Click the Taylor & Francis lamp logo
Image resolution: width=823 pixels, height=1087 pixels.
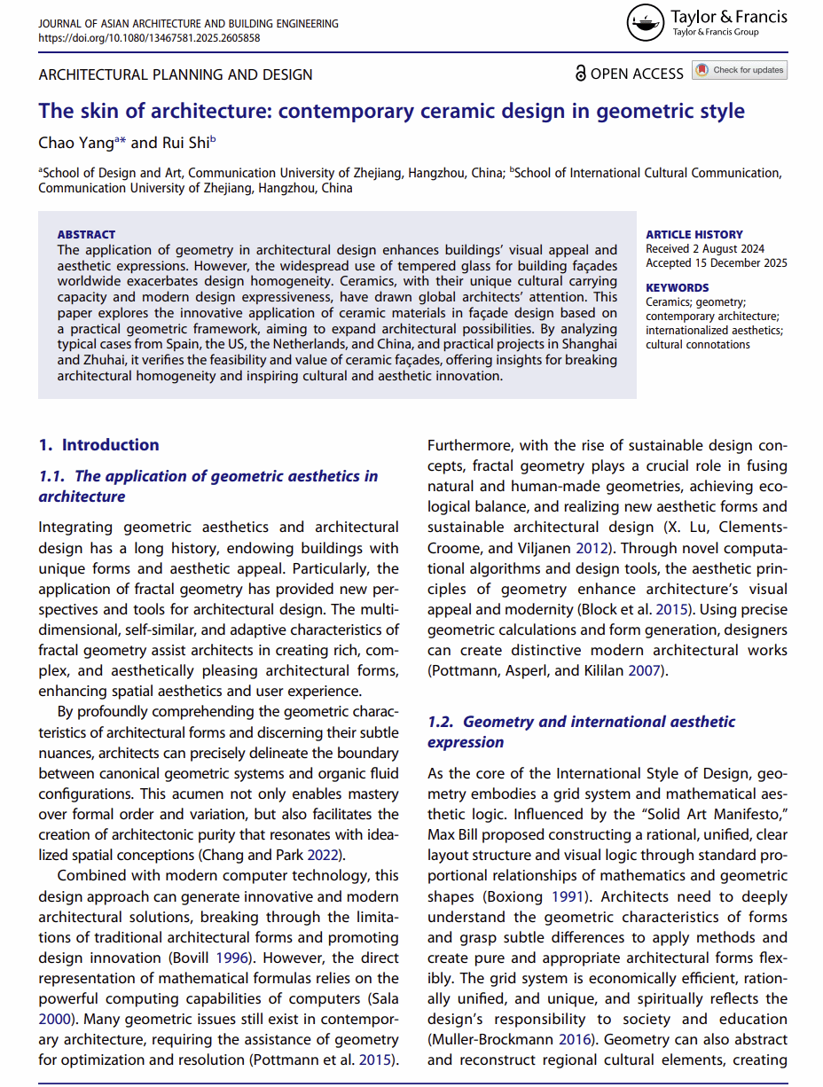point(646,24)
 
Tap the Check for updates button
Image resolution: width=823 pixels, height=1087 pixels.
point(741,70)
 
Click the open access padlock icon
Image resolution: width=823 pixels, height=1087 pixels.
point(581,74)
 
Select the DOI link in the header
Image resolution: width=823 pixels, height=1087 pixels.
point(150,38)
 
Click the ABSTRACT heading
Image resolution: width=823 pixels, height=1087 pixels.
point(86,234)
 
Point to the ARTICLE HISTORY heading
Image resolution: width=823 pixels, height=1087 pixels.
point(694,234)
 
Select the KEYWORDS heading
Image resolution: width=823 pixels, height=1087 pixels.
point(678,287)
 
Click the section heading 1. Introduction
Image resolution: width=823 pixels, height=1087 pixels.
point(98,445)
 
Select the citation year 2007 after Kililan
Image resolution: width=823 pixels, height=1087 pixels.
point(644,670)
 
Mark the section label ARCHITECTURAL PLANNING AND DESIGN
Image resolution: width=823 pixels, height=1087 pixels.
point(176,74)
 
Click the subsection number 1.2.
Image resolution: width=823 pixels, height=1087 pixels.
point(441,722)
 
